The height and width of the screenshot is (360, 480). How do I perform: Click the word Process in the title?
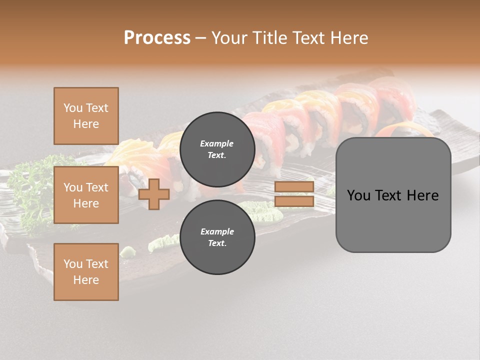pyautogui.click(x=157, y=37)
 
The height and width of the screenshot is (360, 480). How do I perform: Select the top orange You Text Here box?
pyautogui.click(x=86, y=116)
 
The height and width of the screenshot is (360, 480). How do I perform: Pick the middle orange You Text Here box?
pyautogui.click(x=86, y=195)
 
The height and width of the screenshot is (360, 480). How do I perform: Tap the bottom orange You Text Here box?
pyautogui.click(x=86, y=272)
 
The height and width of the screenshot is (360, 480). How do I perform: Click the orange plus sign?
pyautogui.click(x=154, y=194)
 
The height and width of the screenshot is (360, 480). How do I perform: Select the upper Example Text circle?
pyautogui.click(x=217, y=149)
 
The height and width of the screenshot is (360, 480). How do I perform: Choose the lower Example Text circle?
pyautogui.click(x=217, y=237)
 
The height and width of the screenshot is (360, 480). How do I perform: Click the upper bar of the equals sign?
pyautogui.click(x=294, y=187)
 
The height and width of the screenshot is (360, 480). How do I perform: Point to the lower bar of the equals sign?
pyautogui.click(x=294, y=201)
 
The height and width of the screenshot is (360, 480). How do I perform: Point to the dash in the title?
pyautogui.click(x=201, y=38)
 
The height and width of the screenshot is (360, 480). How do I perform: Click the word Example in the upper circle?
pyautogui.click(x=217, y=143)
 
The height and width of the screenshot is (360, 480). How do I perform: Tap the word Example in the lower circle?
pyautogui.click(x=217, y=231)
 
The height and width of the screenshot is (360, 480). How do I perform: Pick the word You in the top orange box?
pyautogui.click(x=73, y=108)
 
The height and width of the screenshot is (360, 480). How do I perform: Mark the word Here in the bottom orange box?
pyautogui.click(x=86, y=280)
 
